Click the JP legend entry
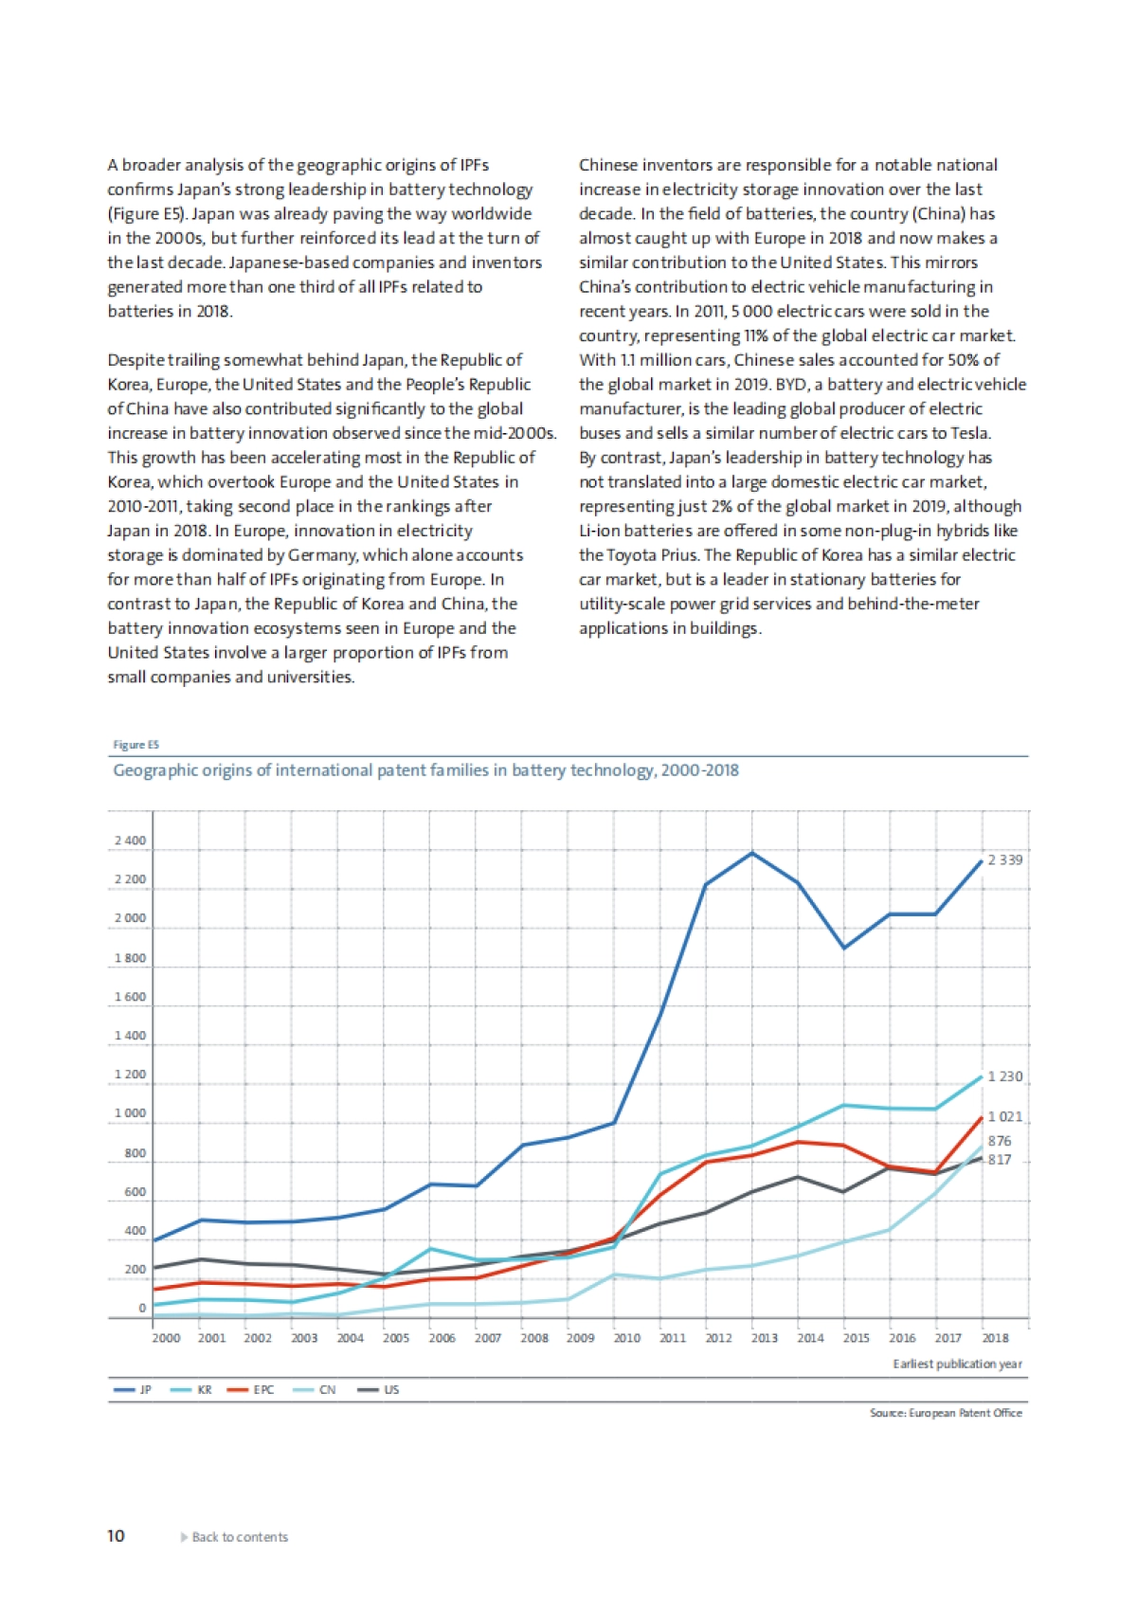pos(134,1389)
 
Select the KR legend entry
pos(192,1389)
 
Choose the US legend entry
pos(380,1389)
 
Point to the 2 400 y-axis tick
pos(130,841)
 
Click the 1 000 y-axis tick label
pos(130,1113)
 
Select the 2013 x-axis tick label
pos(765,1338)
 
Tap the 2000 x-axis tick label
pos(166,1338)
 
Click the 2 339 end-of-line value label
pos(1004,859)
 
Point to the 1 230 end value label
pos(1004,1076)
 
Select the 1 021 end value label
pos(1004,1117)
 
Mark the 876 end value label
pos(1000,1141)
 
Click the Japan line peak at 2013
pos(752,853)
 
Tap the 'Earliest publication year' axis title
pos(957,1364)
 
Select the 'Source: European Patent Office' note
pos(946,1413)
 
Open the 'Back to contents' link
pos(239,1537)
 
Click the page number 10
pos(116,1536)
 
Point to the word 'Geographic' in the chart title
pos(153,770)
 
